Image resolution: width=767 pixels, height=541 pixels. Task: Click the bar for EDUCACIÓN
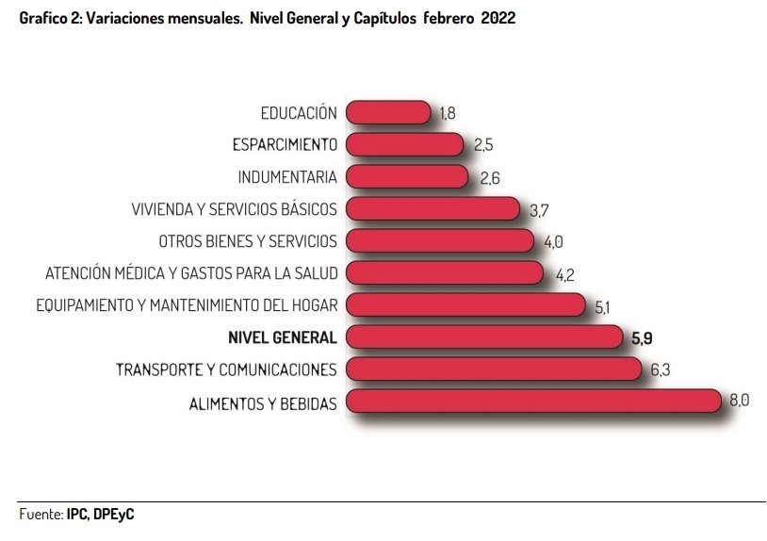pyautogui.click(x=388, y=113)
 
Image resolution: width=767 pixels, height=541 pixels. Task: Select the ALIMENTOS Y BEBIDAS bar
pyautogui.click(x=533, y=402)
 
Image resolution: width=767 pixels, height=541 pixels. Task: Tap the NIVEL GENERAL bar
pyautogui.click(x=483, y=336)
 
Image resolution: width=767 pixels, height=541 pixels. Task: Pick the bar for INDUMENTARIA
pyautogui.click(x=406, y=177)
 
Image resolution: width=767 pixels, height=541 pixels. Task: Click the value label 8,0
pyautogui.click(x=740, y=401)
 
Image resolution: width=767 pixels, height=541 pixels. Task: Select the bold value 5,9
pyautogui.click(x=641, y=336)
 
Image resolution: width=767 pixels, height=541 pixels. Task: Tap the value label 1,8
pyautogui.click(x=448, y=113)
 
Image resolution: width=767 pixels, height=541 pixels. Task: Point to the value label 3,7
pyautogui.click(x=540, y=209)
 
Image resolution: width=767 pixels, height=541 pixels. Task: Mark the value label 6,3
pyautogui.click(x=660, y=369)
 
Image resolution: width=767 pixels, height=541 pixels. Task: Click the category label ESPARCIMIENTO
pyautogui.click(x=285, y=145)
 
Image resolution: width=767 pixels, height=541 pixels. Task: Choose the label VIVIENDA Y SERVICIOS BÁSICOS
pyautogui.click(x=235, y=209)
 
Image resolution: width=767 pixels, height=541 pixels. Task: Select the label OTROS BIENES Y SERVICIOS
pyautogui.click(x=248, y=241)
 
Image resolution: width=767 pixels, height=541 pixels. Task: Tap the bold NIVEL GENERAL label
pyautogui.click(x=283, y=337)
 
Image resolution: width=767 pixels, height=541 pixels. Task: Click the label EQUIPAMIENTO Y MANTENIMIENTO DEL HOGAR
pyautogui.click(x=187, y=305)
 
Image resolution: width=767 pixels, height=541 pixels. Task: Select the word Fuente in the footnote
pyautogui.click(x=41, y=515)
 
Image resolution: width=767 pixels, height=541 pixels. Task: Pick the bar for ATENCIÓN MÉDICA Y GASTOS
pyautogui.click(x=444, y=273)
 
